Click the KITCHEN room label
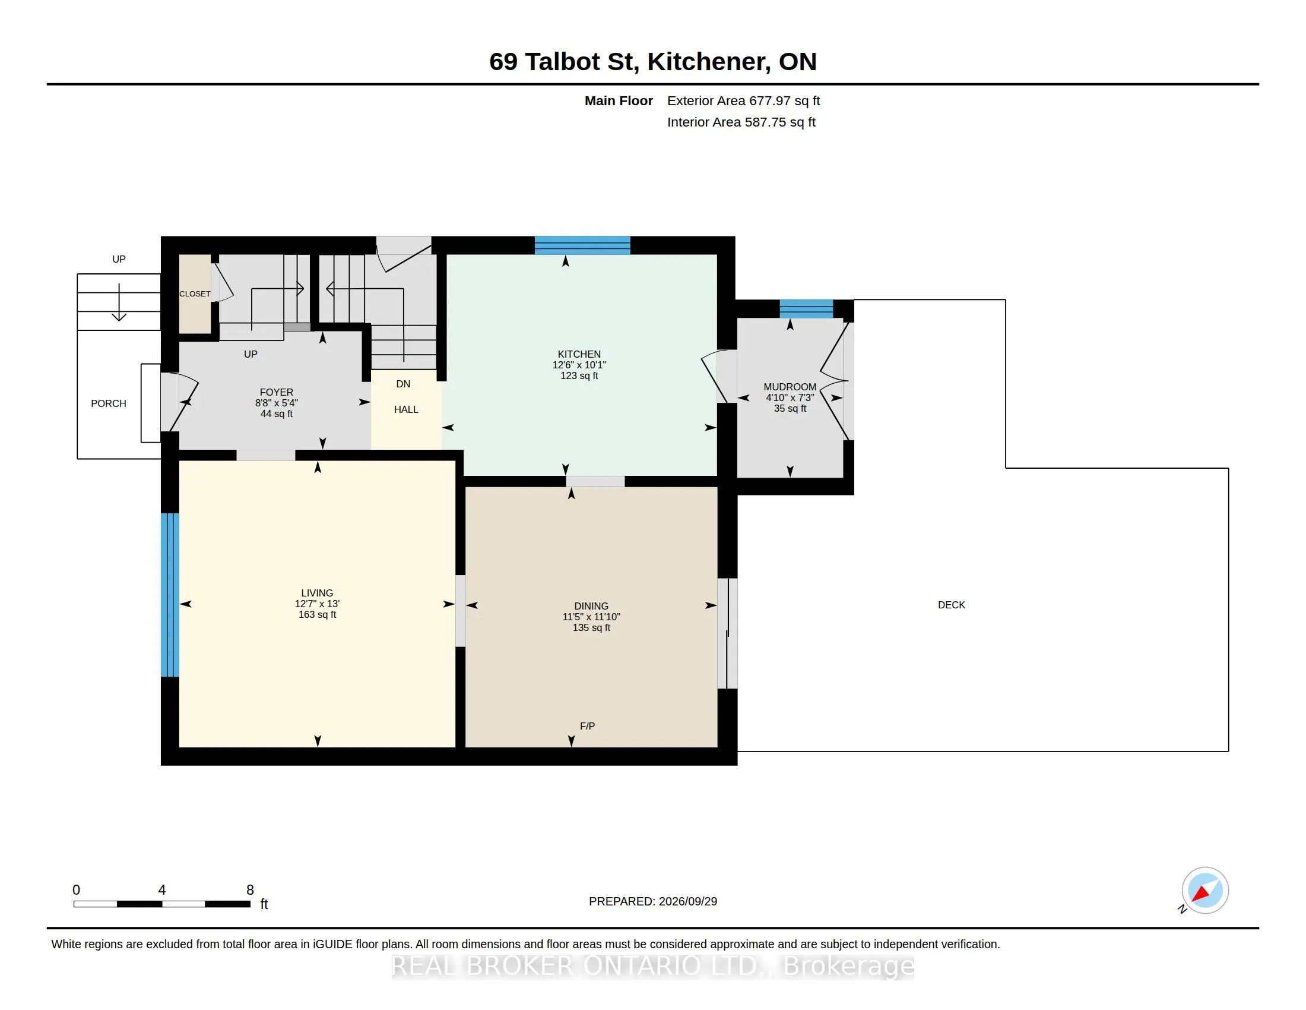coord(579,354)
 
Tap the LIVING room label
coord(317,593)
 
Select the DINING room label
coord(591,606)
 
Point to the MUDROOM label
coord(790,387)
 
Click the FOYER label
coord(276,393)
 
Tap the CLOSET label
coord(195,293)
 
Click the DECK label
coord(952,605)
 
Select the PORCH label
coord(108,403)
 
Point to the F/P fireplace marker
coord(587,726)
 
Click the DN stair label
coord(403,384)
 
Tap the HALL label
coord(406,409)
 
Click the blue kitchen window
coord(582,245)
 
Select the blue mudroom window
coord(806,309)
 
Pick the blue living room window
coord(170,595)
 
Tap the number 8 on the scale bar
coord(250,890)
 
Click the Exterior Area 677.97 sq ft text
coord(743,100)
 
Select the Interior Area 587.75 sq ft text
coord(741,122)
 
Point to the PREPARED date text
coord(653,901)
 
